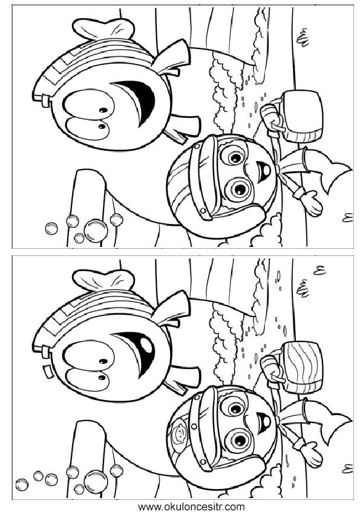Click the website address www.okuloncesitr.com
(x=191, y=507)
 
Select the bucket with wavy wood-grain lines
(x=303, y=367)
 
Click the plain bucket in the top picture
(x=303, y=117)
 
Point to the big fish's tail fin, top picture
(x=104, y=28)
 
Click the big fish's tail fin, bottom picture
(x=104, y=280)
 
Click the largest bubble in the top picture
(x=96, y=231)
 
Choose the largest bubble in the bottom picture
(x=96, y=482)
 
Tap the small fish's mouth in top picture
(x=264, y=171)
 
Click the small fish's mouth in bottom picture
(x=264, y=422)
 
